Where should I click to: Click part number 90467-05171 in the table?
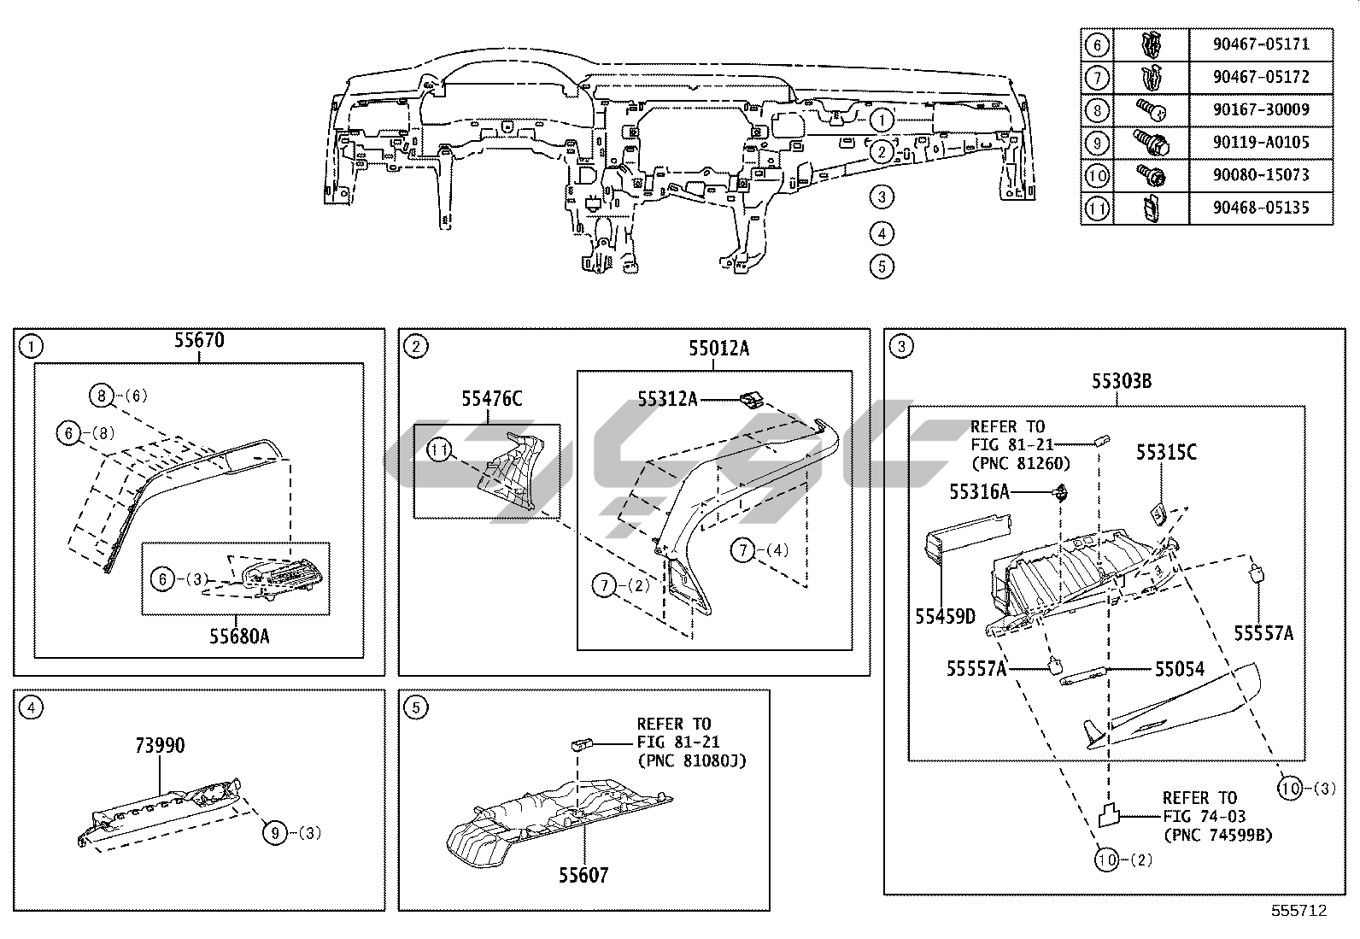pos(1261,44)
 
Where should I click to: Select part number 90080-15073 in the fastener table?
pos(1261,175)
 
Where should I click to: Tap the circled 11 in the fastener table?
pos(1097,208)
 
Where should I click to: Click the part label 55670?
pos(199,341)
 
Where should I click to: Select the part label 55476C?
pos(492,398)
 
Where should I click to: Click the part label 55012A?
pos(719,349)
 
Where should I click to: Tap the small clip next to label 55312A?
pos(751,397)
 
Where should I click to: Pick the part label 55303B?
pos(1121,382)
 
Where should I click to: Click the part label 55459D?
pos(946,617)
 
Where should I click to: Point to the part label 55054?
pos(1180,669)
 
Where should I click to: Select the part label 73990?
pos(160,746)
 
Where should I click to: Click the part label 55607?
pos(584,875)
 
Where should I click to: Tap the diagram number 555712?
pos(1298,911)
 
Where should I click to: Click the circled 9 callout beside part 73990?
pos(274,832)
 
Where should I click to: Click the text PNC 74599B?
pos(1218,835)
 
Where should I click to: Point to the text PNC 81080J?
pos(692,760)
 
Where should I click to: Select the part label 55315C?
pos(1166,453)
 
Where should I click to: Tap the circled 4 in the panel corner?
pos(31,707)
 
